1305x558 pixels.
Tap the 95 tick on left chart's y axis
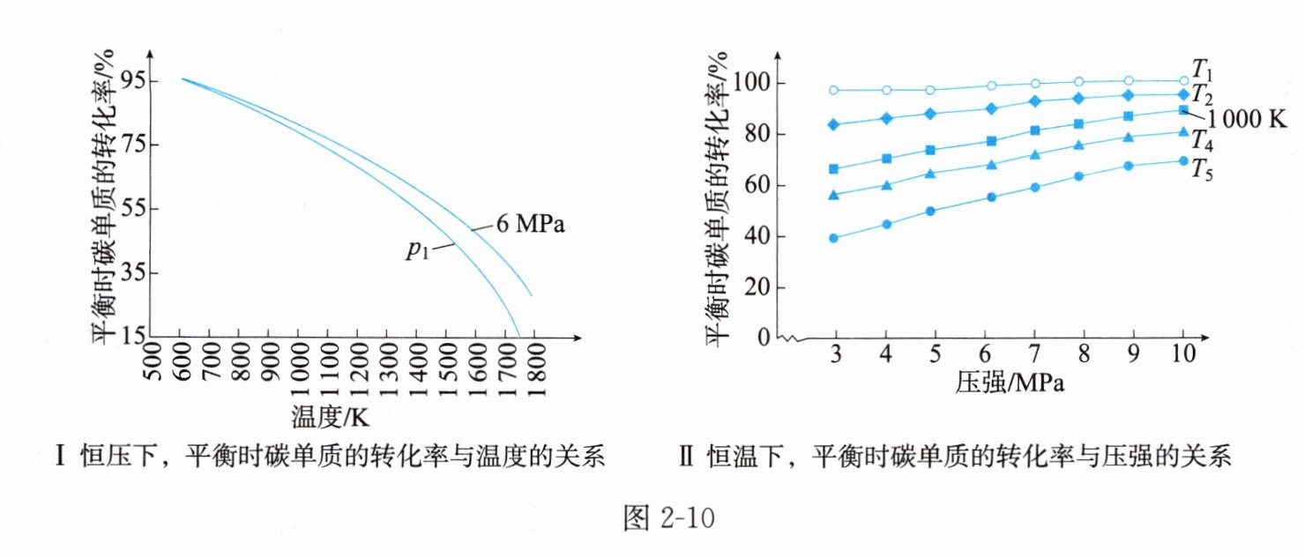coord(135,81)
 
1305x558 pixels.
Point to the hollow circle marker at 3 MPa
coord(834,90)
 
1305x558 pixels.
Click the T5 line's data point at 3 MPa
coord(834,238)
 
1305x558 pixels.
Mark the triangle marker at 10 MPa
coord(1183,132)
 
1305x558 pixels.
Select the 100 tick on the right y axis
coord(754,84)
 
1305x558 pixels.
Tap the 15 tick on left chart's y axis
coord(135,337)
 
